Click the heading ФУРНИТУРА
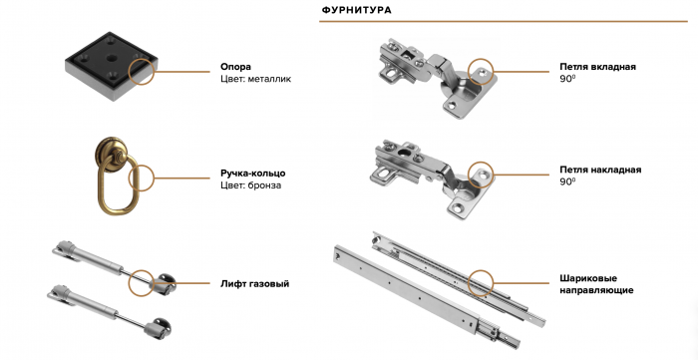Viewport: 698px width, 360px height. click(357, 10)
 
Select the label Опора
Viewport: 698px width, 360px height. click(236, 67)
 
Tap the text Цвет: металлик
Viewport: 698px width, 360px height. click(256, 79)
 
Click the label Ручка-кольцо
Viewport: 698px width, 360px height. click(253, 174)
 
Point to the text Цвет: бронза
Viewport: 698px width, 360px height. click(250, 185)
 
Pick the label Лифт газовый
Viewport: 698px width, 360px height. click(254, 283)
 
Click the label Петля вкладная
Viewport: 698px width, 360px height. click(598, 67)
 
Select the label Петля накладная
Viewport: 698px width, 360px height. click(600, 170)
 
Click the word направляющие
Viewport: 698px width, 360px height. click(596, 290)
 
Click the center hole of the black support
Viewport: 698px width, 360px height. click(111, 58)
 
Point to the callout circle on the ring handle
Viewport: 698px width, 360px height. click(129, 178)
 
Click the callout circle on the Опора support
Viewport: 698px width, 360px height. click(129, 71)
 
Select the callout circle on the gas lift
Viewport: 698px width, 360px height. click(129, 283)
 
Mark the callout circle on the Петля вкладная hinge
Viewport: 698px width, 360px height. click(469, 71)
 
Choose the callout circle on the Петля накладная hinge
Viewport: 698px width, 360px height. click(469, 175)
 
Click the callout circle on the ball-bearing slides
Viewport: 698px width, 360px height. click(469, 283)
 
